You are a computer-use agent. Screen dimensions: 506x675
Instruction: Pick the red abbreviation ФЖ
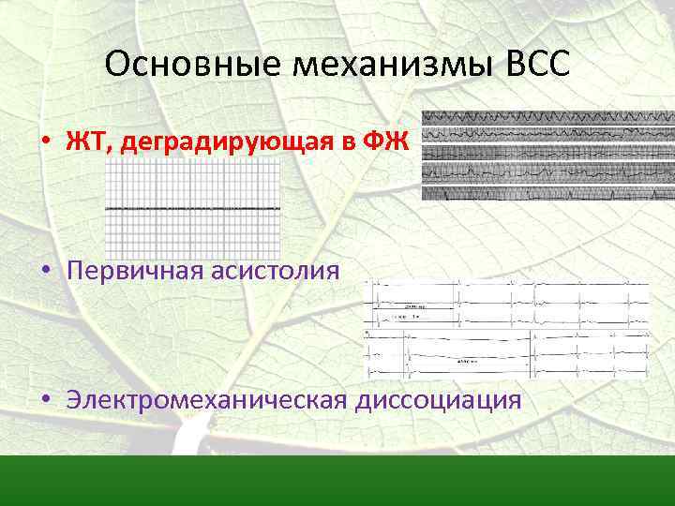[x=391, y=141]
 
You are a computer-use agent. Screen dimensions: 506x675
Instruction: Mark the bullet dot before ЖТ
[x=45, y=142]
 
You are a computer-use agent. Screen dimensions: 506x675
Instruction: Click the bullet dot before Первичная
[x=45, y=272]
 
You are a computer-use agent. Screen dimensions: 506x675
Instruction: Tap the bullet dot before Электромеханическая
[x=45, y=401]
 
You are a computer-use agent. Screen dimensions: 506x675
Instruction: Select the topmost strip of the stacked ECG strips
[x=547, y=118]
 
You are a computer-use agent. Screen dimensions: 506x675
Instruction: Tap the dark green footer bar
[x=337, y=481]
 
